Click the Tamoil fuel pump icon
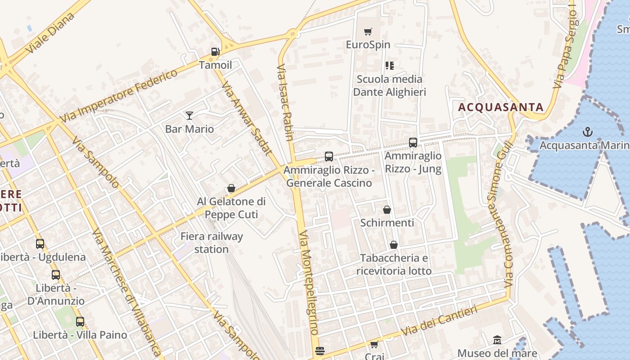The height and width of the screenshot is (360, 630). coord(216,52)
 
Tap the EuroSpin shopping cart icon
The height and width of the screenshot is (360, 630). coord(368,31)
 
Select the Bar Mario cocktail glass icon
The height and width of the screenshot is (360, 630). coord(189,116)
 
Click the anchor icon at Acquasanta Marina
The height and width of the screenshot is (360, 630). coord(587,132)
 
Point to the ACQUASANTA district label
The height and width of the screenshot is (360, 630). coord(501,108)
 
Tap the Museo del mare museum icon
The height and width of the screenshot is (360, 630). coord(497,340)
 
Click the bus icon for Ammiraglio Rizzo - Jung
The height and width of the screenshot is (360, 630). coord(413,143)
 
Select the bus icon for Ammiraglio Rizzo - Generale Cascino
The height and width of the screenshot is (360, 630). coord(329,157)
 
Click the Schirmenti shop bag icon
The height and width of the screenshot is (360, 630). coord(387,210)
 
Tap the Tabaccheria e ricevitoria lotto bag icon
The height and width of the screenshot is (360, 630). coord(394,245)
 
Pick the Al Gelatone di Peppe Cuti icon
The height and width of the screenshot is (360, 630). coord(231,188)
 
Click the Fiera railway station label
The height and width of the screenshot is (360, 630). coord(211,243)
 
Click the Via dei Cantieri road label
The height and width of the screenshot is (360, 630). coord(439,321)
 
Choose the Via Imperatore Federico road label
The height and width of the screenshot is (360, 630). coord(119,96)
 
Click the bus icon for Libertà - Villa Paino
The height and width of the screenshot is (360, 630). coord(80,322)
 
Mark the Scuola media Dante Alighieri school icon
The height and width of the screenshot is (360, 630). coord(390,66)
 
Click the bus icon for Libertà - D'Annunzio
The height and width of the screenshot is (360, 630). coord(56,274)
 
